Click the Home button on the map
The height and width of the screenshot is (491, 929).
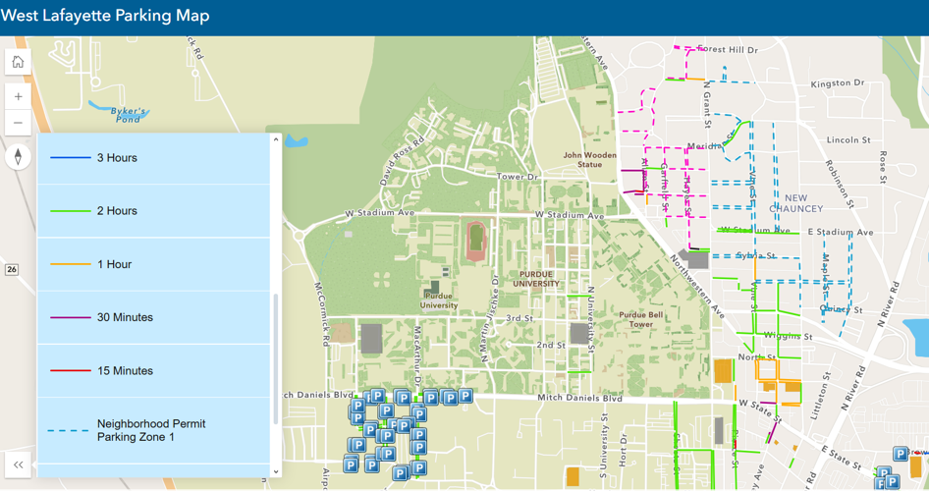point(18,62)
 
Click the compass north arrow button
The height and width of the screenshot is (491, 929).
point(18,157)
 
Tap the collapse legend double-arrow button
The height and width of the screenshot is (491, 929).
point(18,464)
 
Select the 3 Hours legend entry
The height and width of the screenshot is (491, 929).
point(117,158)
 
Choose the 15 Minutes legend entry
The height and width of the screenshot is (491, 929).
point(125,371)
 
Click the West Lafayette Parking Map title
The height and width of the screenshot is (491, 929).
point(106,17)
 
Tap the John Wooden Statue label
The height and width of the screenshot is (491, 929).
point(589,159)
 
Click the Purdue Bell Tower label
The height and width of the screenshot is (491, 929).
point(640,320)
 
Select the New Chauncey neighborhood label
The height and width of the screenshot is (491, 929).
point(796,203)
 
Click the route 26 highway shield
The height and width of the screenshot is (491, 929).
point(12,269)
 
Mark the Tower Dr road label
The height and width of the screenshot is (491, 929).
point(518,177)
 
